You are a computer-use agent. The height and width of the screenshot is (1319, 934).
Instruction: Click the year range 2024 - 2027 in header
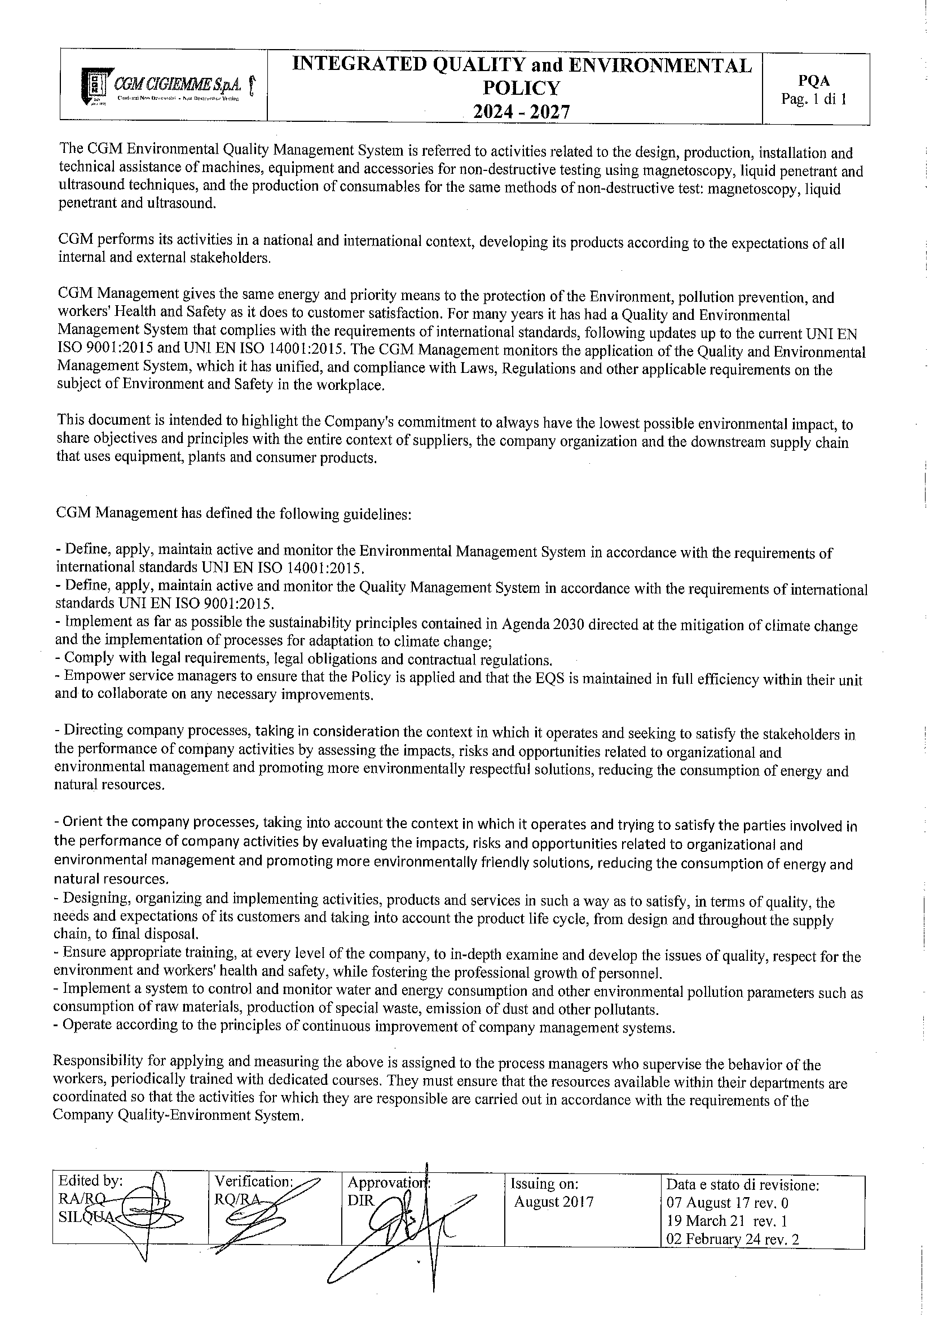[x=521, y=112]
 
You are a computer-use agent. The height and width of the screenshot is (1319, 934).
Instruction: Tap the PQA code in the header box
[x=813, y=82]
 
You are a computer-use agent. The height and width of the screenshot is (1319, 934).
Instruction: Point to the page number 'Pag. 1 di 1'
[x=813, y=99]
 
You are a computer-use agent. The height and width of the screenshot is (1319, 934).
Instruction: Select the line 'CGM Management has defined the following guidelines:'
[x=233, y=513]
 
